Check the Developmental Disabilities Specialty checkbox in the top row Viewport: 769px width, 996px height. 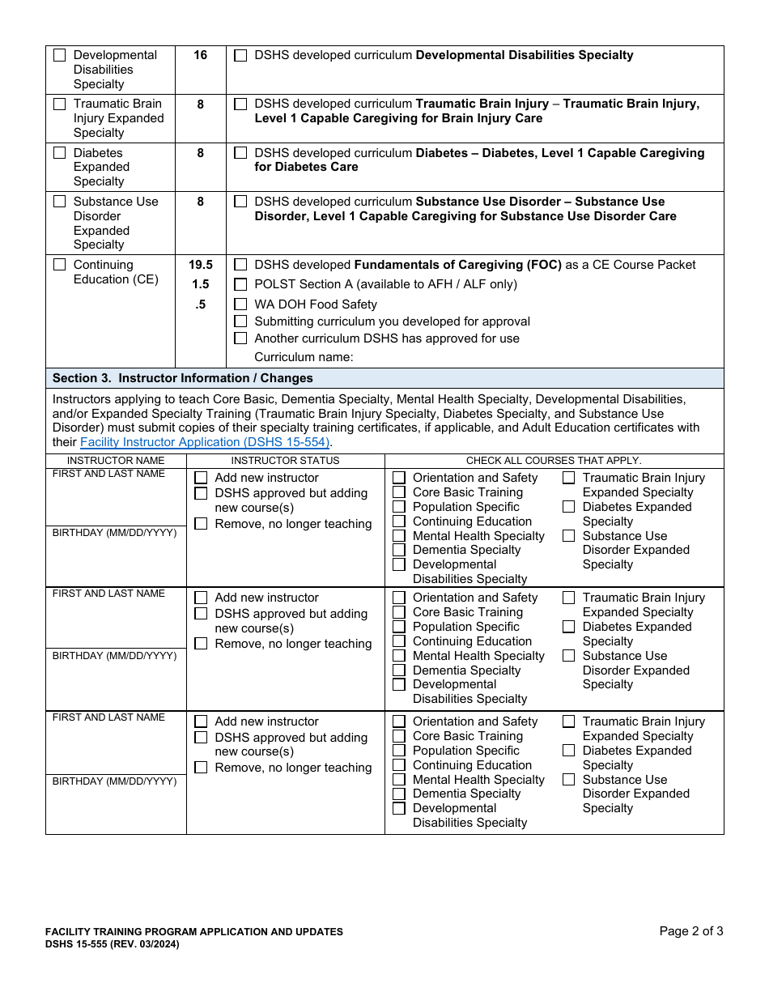(x=60, y=56)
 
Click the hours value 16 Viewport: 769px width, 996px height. (x=200, y=55)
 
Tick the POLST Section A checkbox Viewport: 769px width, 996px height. (x=240, y=284)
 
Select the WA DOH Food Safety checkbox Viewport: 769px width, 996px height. (x=240, y=304)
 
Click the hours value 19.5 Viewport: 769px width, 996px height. (x=200, y=265)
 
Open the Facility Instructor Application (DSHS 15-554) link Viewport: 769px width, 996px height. (x=205, y=442)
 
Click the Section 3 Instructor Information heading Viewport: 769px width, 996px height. (x=182, y=378)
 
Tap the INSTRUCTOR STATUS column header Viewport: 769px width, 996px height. (x=285, y=461)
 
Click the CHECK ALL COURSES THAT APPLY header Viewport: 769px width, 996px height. (x=554, y=461)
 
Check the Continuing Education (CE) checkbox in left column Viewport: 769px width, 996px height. (x=60, y=265)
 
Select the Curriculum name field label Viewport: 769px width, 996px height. (x=304, y=357)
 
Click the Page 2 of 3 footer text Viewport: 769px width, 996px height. (x=690, y=931)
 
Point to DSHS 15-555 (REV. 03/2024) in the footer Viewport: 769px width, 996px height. (x=112, y=944)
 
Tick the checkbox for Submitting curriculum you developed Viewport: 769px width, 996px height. (x=240, y=321)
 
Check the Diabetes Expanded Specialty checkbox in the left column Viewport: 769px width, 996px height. (x=60, y=153)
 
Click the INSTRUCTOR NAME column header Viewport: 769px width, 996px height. (x=116, y=461)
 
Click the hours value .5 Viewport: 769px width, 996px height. (x=200, y=304)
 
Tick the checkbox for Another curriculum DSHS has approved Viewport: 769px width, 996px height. (x=240, y=338)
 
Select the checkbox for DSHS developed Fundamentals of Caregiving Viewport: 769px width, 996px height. (x=240, y=265)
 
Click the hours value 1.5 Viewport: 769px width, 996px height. (x=200, y=284)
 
